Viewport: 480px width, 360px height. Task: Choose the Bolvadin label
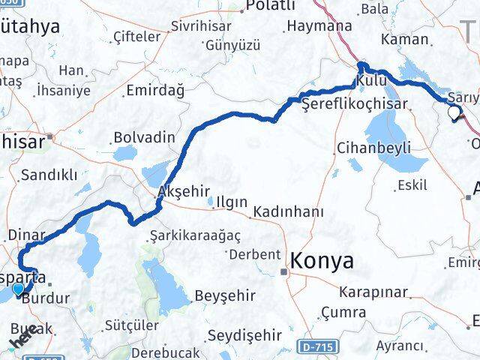[144, 138]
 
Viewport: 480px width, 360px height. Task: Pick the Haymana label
[319, 25]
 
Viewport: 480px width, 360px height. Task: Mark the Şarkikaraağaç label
[195, 235]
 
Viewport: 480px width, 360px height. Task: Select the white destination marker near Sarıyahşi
[454, 114]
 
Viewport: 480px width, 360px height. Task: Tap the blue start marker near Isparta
[18, 287]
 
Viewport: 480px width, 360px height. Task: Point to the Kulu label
[373, 79]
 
